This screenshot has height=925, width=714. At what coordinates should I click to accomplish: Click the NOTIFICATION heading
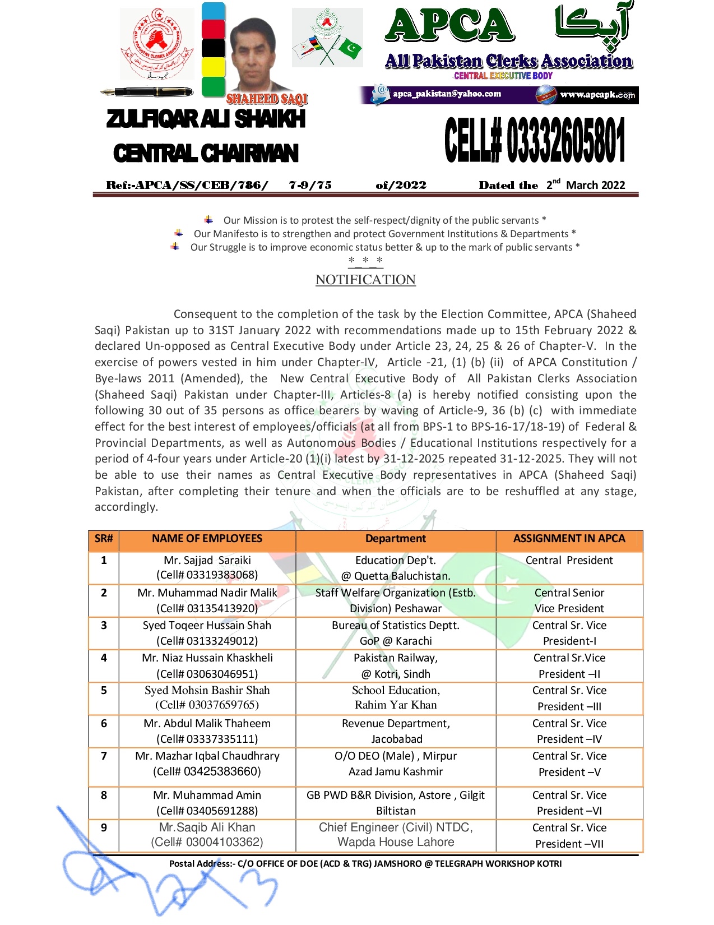point(365,280)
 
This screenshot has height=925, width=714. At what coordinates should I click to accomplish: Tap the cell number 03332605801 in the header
point(565,140)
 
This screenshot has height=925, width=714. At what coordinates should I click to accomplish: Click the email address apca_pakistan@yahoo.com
point(447,94)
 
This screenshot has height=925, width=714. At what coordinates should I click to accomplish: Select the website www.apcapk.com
point(597,95)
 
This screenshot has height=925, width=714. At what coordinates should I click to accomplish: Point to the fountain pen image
point(147,92)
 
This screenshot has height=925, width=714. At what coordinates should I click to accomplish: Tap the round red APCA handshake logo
point(157,45)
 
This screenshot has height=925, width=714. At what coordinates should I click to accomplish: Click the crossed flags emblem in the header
point(328,38)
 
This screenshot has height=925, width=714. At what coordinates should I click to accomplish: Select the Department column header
point(395,539)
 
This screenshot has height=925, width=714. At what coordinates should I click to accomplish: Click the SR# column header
point(104,539)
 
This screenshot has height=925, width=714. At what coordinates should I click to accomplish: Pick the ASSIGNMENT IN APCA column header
point(569,539)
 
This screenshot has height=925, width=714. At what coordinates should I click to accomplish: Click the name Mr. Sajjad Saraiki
point(207,560)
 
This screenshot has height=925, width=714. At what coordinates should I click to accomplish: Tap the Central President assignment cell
point(569,561)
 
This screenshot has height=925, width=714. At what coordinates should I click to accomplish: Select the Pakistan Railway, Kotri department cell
point(396,665)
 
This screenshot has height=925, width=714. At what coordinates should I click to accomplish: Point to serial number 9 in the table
point(104,827)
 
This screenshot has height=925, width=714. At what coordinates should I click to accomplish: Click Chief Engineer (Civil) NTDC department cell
point(396,835)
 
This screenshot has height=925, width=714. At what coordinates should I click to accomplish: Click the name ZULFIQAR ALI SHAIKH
point(206,119)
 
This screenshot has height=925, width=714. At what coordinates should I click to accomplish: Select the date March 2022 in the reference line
point(595,185)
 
